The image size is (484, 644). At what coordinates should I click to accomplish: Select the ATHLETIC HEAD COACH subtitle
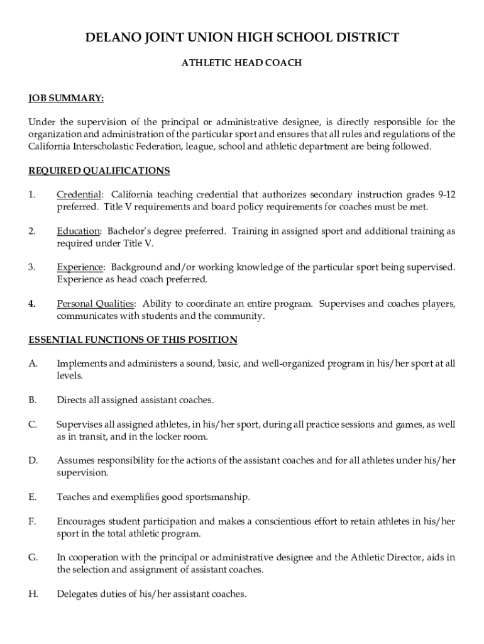pyautogui.click(x=242, y=63)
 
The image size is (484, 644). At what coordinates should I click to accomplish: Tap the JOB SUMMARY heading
pyautogui.click(x=66, y=98)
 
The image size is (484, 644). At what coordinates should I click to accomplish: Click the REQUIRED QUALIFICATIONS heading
pyautogui.click(x=99, y=171)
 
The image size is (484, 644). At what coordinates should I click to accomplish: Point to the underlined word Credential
pyautogui.click(x=79, y=195)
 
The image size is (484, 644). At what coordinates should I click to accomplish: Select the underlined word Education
pyautogui.click(x=78, y=231)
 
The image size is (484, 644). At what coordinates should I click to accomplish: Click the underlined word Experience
pyautogui.click(x=80, y=267)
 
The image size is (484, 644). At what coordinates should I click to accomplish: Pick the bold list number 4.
pyautogui.click(x=31, y=304)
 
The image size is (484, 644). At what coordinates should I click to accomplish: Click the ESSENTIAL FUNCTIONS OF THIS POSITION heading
pyautogui.click(x=133, y=340)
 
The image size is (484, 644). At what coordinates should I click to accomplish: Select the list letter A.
pyautogui.click(x=33, y=364)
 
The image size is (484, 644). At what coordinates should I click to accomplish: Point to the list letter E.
pyautogui.click(x=32, y=497)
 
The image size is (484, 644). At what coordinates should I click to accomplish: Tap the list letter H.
pyautogui.click(x=33, y=594)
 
